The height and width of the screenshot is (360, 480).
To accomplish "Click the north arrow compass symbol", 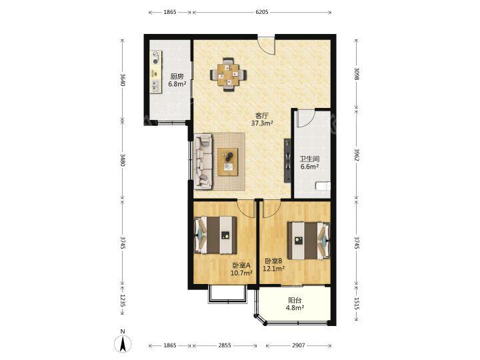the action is pos(123,343).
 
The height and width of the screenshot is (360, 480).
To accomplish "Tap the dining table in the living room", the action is pos(228,75).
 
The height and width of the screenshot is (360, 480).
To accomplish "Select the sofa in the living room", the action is pos(203,161).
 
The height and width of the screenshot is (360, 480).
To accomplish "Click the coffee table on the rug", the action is pos(228,161).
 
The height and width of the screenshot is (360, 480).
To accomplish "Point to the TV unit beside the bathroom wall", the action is pos(287,161).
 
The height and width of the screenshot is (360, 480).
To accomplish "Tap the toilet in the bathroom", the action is pos(323,186).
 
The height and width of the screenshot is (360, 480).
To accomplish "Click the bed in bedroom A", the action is pos(215,235).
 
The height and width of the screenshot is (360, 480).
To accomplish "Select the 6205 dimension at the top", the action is pos(262,12).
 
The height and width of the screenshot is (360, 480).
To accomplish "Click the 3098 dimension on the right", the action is pos(356,73).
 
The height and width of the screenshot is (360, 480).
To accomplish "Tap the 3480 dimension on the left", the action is pos(123,160).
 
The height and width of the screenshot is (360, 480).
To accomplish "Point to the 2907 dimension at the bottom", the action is pos(299,345).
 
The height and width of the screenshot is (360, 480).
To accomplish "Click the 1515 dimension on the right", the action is pos(356,304).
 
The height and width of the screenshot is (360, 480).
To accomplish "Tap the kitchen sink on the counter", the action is pos(156,86).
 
